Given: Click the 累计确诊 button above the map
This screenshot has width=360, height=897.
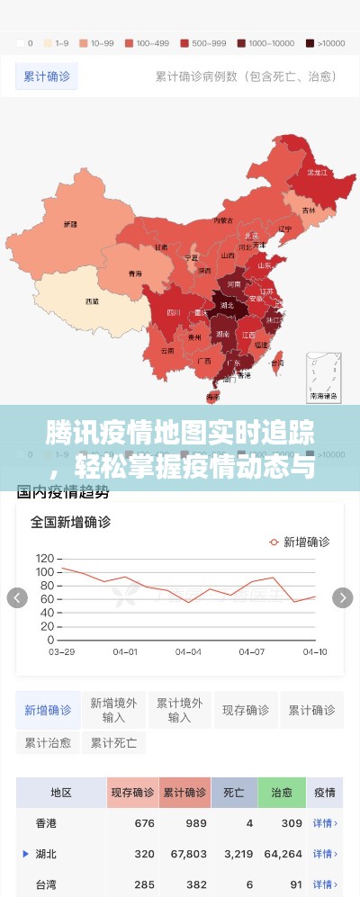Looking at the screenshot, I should pos(46,76).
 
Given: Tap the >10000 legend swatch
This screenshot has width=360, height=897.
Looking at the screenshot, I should pos(310,42).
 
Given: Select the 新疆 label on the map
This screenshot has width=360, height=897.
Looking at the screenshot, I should pos(69,224).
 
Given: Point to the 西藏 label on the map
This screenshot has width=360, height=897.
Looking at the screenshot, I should pos(92,301).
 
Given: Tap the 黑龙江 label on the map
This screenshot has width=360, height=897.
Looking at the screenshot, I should pos(316,172).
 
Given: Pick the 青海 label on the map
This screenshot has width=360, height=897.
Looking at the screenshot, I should pos(135,273).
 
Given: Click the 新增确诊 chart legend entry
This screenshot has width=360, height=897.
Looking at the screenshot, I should pos(299,542).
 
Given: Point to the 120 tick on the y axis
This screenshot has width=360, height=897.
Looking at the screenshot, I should pos(44,558).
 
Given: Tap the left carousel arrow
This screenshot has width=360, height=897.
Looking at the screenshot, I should pos(17,597).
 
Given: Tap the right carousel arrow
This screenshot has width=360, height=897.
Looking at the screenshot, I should pos(342,597).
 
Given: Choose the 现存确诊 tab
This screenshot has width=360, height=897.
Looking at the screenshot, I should pos(246,710).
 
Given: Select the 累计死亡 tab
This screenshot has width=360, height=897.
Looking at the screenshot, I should pos(113,743).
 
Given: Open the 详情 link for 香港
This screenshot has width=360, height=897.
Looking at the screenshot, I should pos(324,823).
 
